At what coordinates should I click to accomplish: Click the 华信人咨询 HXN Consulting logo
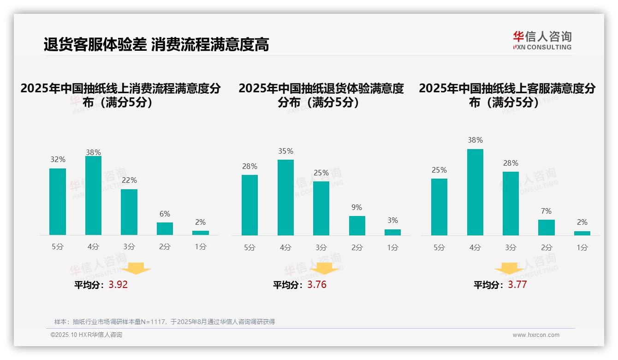pyautogui.click(x=542, y=41)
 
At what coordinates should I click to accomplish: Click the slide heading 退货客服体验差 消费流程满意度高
pyautogui.click(x=156, y=45)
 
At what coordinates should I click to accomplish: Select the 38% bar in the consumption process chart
pyautogui.click(x=94, y=195)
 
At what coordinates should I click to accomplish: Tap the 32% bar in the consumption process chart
pyautogui.click(x=58, y=202)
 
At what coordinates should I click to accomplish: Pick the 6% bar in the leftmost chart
pyautogui.click(x=165, y=228)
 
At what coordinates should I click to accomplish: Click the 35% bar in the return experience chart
pyautogui.click(x=285, y=197)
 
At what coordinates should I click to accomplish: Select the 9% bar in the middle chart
pyautogui.click(x=357, y=225)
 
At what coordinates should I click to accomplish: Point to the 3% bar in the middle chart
pyautogui.click(x=392, y=232)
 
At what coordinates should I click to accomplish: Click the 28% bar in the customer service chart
pyautogui.click(x=511, y=203)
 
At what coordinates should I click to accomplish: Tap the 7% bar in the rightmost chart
pyautogui.click(x=547, y=227)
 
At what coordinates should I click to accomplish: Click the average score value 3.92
pyautogui.click(x=118, y=285)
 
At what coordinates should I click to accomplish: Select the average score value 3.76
pyautogui.click(x=317, y=285)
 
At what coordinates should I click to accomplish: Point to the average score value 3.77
pyautogui.click(x=517, y=285)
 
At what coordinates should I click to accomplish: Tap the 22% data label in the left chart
pyautogui.click(x=129, y=180)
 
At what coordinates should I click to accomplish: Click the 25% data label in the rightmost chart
pyautogui.click(x=439, y=170)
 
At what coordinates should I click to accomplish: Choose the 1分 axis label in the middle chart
pyautogui.click(x=392, y=247)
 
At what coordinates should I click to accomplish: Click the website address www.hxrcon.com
pyautogui.click(x=536, y=335)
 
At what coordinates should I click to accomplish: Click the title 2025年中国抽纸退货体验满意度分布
pyautogui.click(x=321, y=95)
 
